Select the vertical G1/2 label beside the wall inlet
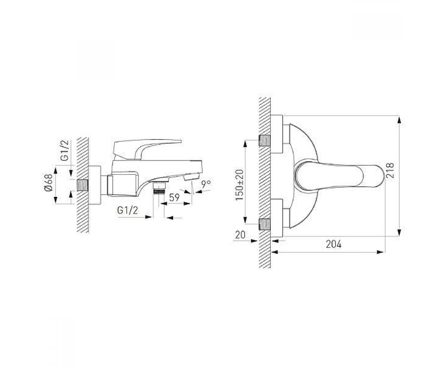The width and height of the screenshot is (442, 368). click(64, 151)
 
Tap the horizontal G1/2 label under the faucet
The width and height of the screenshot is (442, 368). click(127, 210)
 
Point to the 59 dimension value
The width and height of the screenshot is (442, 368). click(174, 197)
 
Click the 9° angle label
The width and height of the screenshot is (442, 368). click(206, 184)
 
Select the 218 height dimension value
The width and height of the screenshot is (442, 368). click(390, 170)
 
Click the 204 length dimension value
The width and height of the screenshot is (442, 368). click(334, 244)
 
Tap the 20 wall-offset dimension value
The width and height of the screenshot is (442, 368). click(240, 235)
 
